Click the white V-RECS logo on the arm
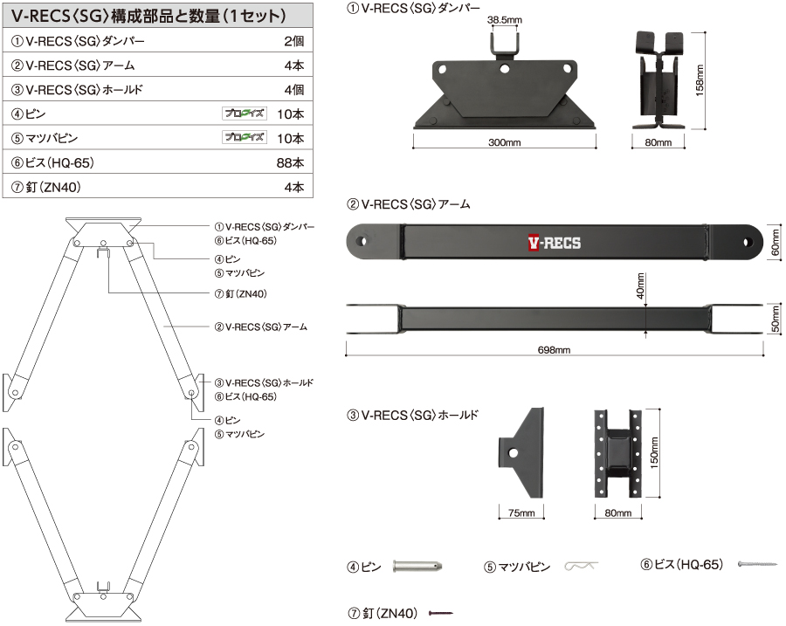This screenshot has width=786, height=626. click(554, 244)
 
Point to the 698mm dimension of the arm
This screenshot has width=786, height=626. click(554, 350)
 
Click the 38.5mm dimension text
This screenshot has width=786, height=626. click(506, 18)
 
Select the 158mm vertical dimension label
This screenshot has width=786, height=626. click(700, 80)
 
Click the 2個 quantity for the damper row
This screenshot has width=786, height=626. click(293, 41)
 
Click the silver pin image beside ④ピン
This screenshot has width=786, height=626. click(420, 566)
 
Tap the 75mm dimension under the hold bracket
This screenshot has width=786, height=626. click(521, 512)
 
